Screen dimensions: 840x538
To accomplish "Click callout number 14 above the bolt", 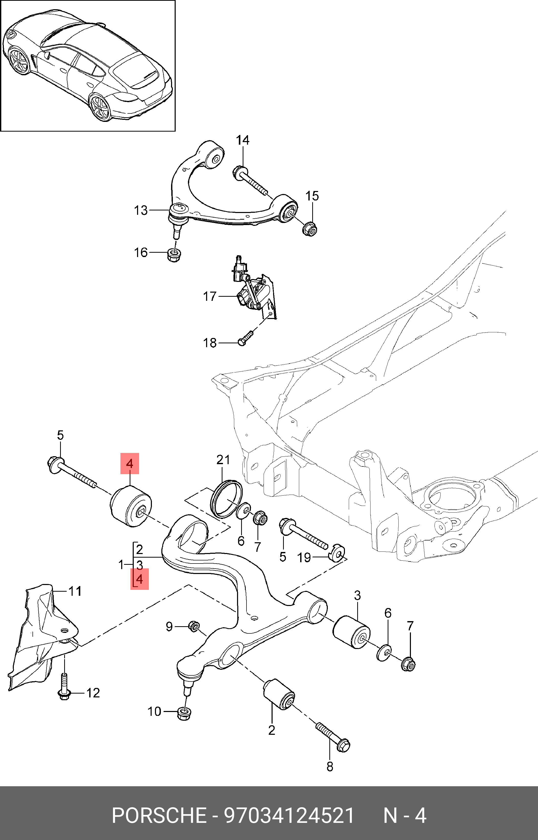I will coord(242,140).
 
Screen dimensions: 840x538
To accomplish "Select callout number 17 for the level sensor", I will coord(210,296).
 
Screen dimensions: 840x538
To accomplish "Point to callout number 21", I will coord(223,460).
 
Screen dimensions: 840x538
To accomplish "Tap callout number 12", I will coord(93,693).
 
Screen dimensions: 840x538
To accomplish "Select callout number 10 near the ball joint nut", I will coord(154,711).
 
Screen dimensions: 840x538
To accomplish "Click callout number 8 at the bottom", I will coord(330,766).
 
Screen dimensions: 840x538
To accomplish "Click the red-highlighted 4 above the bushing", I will coord(130,464).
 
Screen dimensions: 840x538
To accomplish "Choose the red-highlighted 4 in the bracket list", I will coord(139,579).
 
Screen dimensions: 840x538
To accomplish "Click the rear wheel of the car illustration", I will coord(100,107).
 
